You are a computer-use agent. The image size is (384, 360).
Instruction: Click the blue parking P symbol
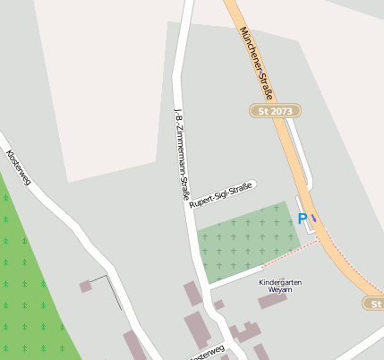[303, 219]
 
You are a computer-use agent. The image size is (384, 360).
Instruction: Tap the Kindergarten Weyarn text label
[280, 287]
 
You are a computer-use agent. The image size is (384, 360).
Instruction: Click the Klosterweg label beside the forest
[18, 167]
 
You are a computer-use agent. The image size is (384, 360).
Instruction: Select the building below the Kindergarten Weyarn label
[271, 301]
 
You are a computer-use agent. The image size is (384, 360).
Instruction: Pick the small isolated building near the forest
[86, 287]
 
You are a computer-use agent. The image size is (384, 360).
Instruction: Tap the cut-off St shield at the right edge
[374, 304]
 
